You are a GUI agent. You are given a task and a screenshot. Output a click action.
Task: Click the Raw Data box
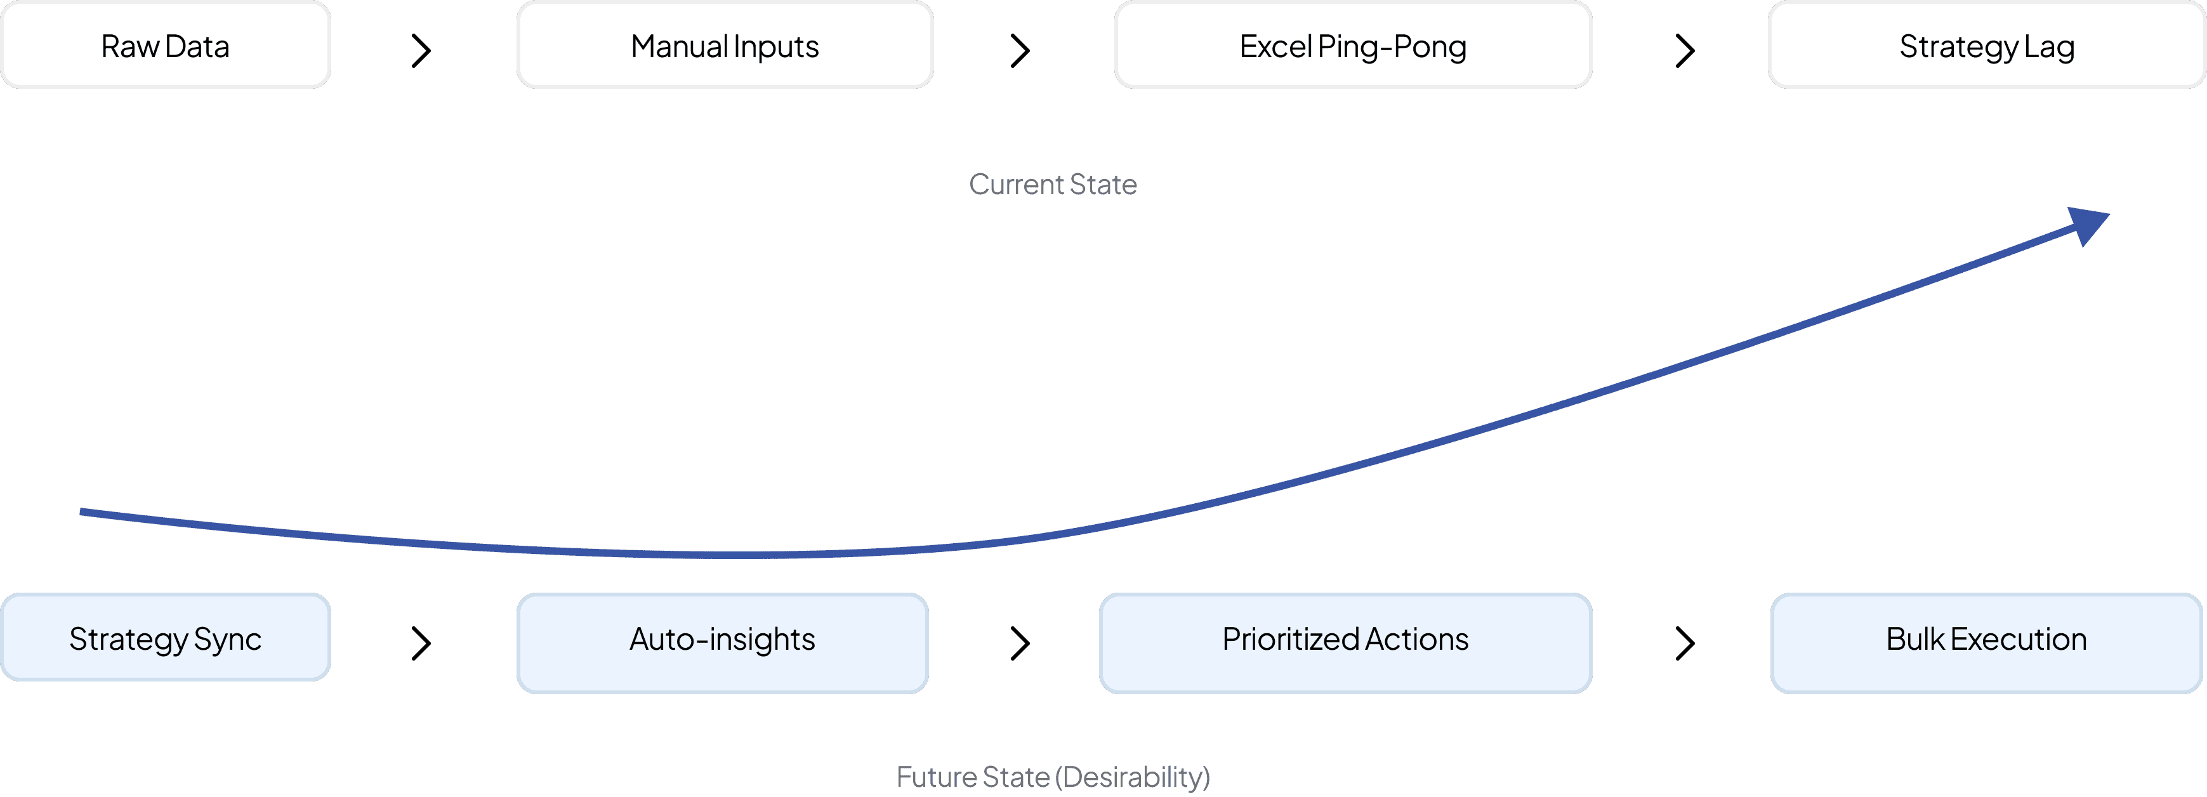166,46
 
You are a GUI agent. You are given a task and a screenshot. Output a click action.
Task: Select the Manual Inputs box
725,46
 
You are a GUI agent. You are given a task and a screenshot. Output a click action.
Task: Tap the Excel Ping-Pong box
1353,46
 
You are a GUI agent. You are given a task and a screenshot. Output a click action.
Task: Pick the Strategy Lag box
1986,46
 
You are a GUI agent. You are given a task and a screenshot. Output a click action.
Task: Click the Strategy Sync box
166,638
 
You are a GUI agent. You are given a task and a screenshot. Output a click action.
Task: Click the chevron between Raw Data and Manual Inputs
421,51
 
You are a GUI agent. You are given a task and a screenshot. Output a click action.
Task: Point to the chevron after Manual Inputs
1020,51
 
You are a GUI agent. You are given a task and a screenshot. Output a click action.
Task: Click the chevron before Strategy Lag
1684,51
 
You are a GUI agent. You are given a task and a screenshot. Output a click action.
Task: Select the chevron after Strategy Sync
421,643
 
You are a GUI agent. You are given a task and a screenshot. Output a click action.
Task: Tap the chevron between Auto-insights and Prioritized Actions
1020,643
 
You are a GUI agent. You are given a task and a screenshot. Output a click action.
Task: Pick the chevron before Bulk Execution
1684,643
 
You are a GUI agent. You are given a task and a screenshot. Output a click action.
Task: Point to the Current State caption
1053,184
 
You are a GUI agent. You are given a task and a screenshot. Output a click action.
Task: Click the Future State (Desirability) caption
1053,777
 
